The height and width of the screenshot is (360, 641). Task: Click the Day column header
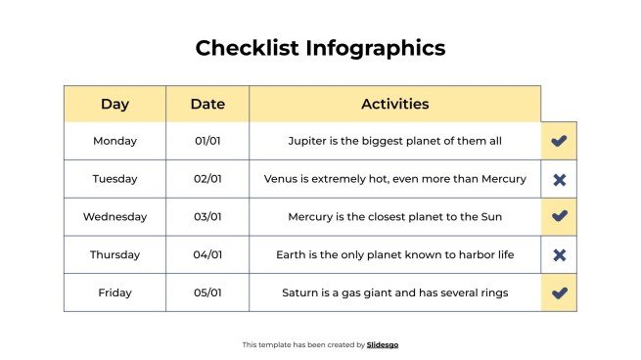pos(114,104)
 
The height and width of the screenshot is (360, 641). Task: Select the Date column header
pos(207,104)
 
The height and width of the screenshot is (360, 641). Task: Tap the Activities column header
pos(394,104)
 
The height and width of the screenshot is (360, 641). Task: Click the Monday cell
pos(114,141)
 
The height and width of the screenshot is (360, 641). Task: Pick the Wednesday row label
pos(114,217)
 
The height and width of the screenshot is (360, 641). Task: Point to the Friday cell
pos(114,292)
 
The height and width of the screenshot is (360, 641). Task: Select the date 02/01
pos(207,179)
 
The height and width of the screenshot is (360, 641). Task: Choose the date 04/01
pos(207,255)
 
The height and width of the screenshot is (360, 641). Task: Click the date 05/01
pos(207,292)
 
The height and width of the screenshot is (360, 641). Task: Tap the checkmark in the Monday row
pos(559,141)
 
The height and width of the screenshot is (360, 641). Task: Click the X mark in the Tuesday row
pos(559,179)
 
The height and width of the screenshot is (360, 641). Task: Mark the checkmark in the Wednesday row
pos(559,216)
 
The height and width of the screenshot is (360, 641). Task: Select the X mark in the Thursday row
pos(559,255)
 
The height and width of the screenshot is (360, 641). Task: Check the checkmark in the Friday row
pos(559,292)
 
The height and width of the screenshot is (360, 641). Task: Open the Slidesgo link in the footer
pos(383,344)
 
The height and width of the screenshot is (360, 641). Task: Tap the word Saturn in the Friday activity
pos(301,292)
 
